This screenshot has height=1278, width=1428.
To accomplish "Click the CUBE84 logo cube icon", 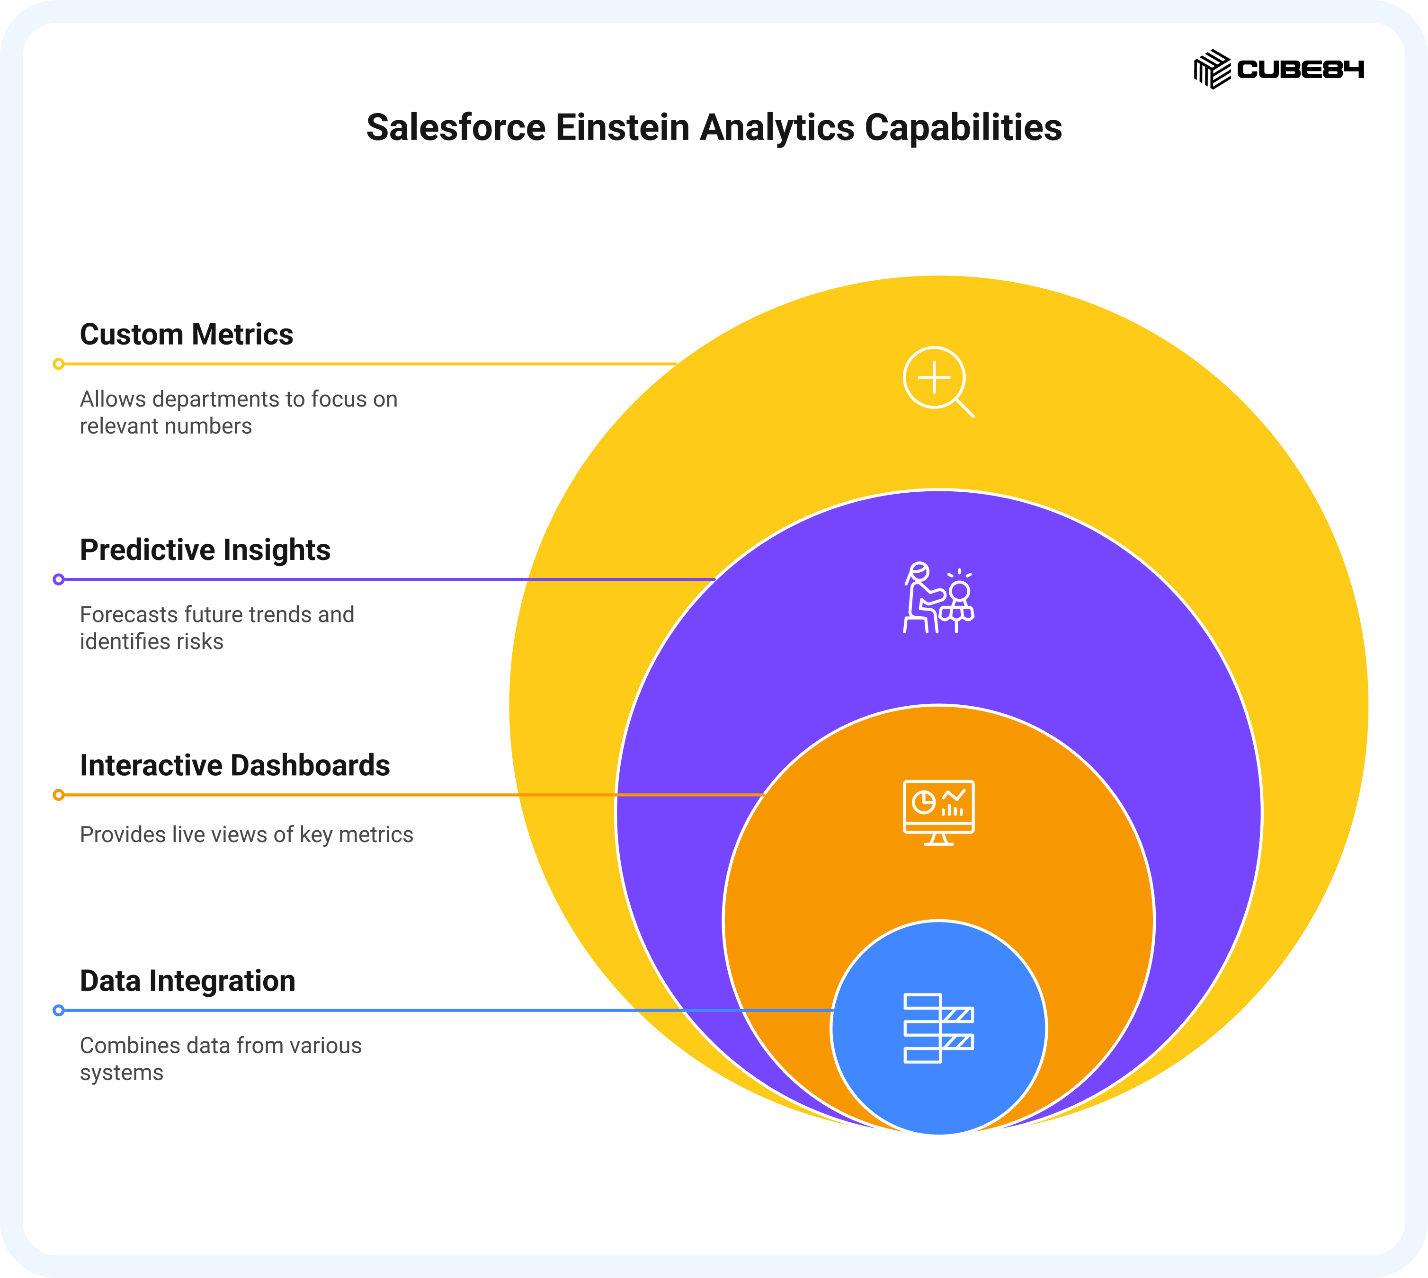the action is (x=1213, y=69).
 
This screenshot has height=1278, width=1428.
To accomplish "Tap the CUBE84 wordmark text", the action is (x=1300, y=69).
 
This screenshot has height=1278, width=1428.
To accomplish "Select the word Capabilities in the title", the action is (x=963, y=128).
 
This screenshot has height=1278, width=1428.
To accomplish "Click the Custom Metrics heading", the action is (x=186, y=334).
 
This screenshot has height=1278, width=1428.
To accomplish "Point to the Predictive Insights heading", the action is (x=205, y=550).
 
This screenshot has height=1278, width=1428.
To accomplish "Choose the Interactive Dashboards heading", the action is (x=234, y=765).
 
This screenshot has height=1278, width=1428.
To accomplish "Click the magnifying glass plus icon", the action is (x=938, y=382).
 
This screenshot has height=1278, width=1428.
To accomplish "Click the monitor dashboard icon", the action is (x=938, y=812).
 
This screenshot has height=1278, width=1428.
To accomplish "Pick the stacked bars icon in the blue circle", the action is (x=938, y=1029).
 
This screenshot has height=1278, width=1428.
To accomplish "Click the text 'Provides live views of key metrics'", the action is (x=247, y=835).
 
